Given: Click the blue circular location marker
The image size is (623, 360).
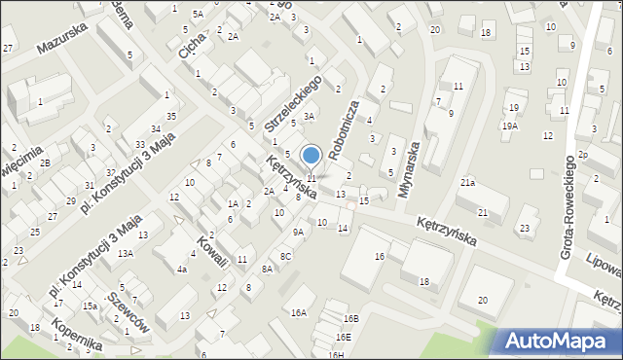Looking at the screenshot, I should [x=311, y=155].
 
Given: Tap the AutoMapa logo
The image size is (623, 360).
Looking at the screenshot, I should [x=559, y=341].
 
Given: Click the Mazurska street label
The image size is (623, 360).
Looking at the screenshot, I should [x=62, y=38].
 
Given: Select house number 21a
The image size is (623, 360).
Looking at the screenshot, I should [x=468, y=183].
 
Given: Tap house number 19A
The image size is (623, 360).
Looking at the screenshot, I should [x=510, y=126].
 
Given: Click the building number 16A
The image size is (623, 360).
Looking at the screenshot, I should [x=299, y=312].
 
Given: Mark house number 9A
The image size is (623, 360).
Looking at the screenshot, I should [x=299, y=232].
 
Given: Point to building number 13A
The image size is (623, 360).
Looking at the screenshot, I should [x=126, y=253].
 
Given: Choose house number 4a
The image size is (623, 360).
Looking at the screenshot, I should [x=182, y=269].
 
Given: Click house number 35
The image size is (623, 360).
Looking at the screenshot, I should [x=171, y=117].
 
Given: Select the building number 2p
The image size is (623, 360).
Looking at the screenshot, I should [x=582, y=155].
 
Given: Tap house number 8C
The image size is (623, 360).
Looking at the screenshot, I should [x=286, y=256].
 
